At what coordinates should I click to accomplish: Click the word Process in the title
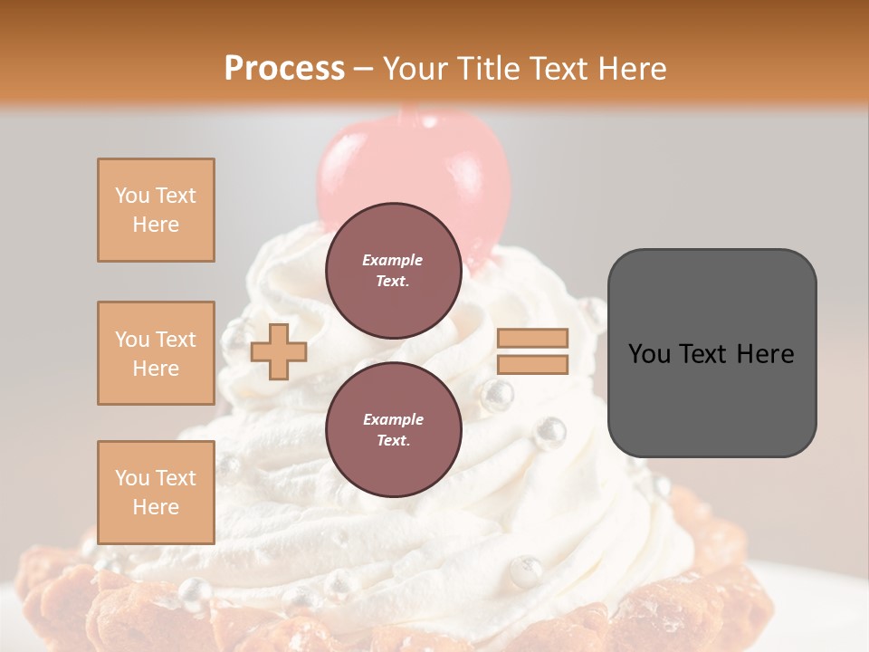284,69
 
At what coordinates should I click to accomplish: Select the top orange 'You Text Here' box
156,210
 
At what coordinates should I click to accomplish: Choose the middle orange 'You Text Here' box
156,353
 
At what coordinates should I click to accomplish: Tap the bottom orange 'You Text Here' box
156,492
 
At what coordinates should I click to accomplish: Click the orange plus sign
278,351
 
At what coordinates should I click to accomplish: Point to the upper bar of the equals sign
533,338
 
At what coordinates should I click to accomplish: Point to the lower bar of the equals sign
533,365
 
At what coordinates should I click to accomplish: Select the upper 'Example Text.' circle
393,270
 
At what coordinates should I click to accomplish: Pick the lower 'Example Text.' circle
393,429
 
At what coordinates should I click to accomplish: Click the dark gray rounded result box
711,352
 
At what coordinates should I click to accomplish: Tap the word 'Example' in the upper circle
393,260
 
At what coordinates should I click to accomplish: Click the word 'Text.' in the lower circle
393,441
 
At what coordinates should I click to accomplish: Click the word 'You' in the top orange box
131,196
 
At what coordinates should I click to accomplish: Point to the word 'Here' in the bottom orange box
156,507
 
